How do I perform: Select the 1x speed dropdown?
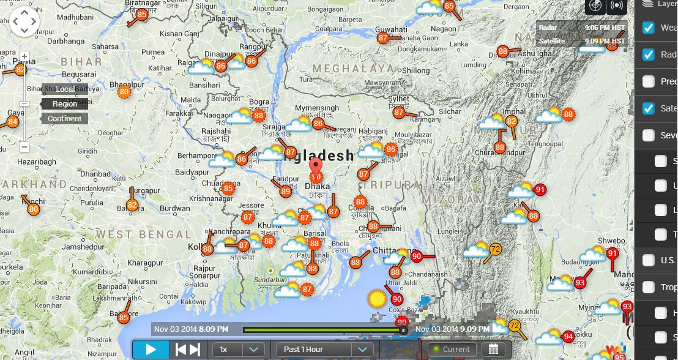(238, 350)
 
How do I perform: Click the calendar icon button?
(493, 350)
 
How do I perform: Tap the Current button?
(452, 350)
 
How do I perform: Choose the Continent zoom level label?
(64, 119)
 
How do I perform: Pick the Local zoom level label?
(65, 89)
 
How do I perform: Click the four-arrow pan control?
(24, 22)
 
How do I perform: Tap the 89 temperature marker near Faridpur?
(285, 192)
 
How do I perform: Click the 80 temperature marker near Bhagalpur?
(124, 92)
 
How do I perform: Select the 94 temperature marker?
(568, 336)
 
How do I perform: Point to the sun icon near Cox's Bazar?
(376, 299)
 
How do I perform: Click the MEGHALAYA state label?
(353, 68)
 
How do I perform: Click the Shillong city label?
(415, 71)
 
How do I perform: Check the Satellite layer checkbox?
(649, 108)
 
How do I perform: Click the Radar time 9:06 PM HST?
(605, 28)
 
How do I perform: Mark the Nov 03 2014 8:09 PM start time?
(192, 329)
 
